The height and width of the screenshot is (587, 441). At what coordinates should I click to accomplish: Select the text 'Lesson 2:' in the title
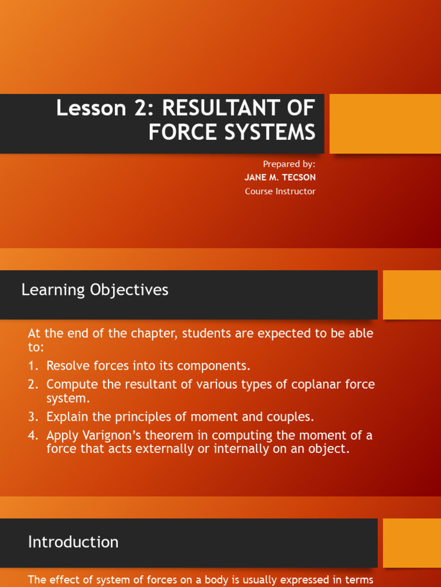point(106,108)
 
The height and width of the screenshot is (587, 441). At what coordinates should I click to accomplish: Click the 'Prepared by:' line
point(289,164)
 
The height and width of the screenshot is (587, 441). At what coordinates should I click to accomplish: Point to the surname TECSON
point(296,178)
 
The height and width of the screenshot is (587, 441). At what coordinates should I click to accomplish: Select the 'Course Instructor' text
point(280,191)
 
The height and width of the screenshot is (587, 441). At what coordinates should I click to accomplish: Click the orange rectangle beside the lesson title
point(385,124)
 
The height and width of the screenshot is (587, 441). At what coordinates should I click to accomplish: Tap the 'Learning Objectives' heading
point(95,290)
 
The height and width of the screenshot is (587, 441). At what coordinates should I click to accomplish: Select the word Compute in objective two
point(71,385)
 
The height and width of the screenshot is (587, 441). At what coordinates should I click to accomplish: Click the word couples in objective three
point(292,417)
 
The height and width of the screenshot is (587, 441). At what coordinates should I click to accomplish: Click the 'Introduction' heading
point(73,542)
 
